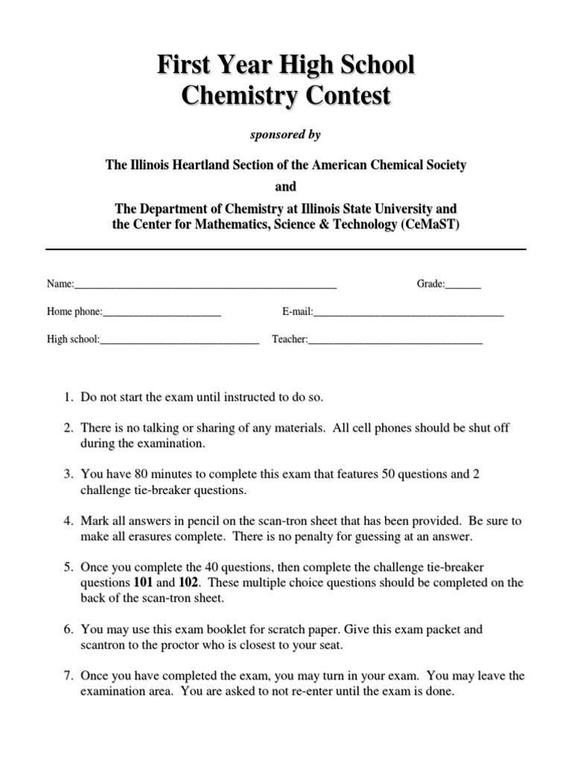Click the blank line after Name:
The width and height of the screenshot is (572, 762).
click(x=206, y=285)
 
